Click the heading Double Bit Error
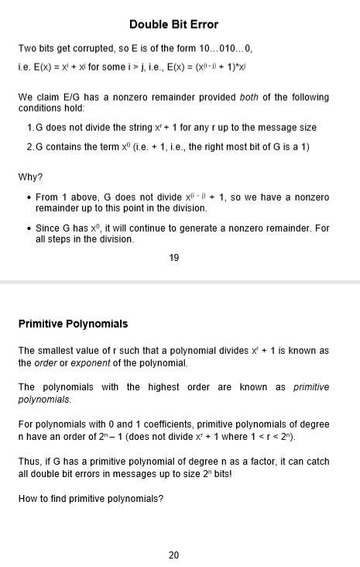coord(173,25)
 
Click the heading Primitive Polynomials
coord(73,324)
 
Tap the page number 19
coord(173,258)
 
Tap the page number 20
coord(173,555)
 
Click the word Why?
coord(30,177)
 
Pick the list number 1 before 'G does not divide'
coord(29,127)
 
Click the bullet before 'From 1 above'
coord(29,198)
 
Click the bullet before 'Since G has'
coord(29,229)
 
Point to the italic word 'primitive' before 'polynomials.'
coord(311,387)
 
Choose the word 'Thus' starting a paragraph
coord(29,461)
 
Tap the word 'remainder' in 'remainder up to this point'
coord(57,208)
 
